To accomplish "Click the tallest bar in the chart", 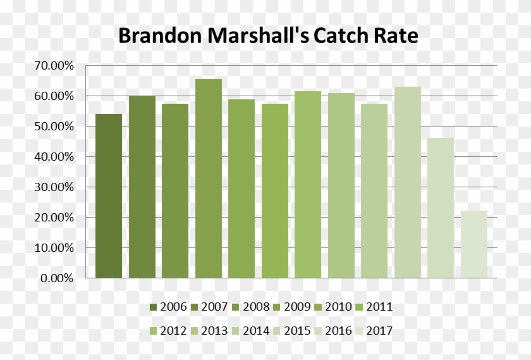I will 209,178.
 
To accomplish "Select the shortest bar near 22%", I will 474,244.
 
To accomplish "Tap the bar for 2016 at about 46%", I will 441,208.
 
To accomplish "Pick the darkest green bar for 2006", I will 109,196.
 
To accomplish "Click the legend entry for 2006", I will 168,307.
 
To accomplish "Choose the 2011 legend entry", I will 374,307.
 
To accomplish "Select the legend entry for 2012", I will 168,330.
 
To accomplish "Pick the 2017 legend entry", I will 374,330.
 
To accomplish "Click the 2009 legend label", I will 292,307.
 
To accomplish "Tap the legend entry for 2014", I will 251,330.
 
